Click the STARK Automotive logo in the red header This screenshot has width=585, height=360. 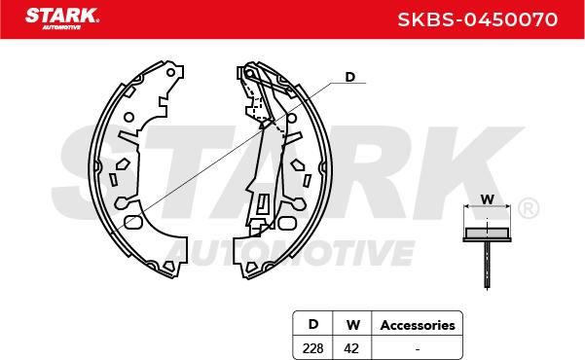click(62, 18)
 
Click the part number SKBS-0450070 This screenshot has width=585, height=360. click(478, 19)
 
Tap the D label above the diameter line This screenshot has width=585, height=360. click(350, 77)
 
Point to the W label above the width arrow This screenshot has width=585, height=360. click(488, 199)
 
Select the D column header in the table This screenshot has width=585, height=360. click(313, 324)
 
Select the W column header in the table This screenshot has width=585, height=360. click(353, 325)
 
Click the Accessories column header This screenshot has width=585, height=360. click(418, 325)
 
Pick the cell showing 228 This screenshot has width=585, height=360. click(313, 348)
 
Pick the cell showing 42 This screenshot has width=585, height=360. click(351, 348)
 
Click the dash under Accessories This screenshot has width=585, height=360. click(418, 349)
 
